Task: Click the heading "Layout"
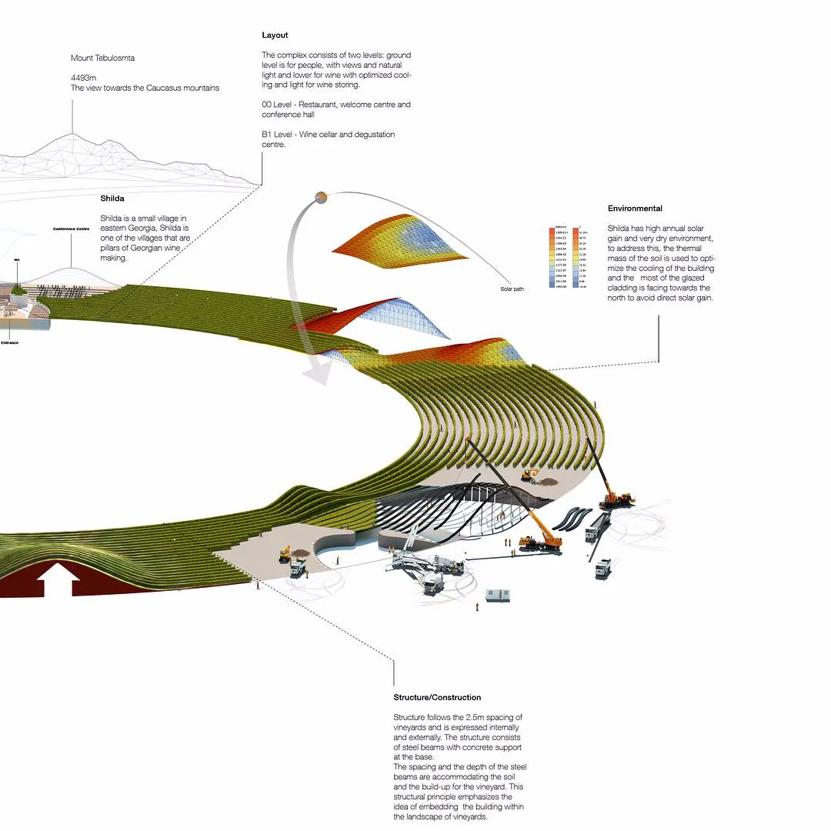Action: point(275,35)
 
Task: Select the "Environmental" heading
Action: point(635,209)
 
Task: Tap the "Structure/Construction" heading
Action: point(437,697)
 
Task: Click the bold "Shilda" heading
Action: point(112,199)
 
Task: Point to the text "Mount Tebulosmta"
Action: point(102,58)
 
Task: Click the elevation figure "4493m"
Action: point(83,77)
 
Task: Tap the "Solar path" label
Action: point(512,290)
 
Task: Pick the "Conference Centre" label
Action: point(71,229)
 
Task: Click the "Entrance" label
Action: point(10,342)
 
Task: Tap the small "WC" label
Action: point(16,260)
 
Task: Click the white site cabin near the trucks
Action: point(497,595)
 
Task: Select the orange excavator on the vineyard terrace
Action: point(530,475)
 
